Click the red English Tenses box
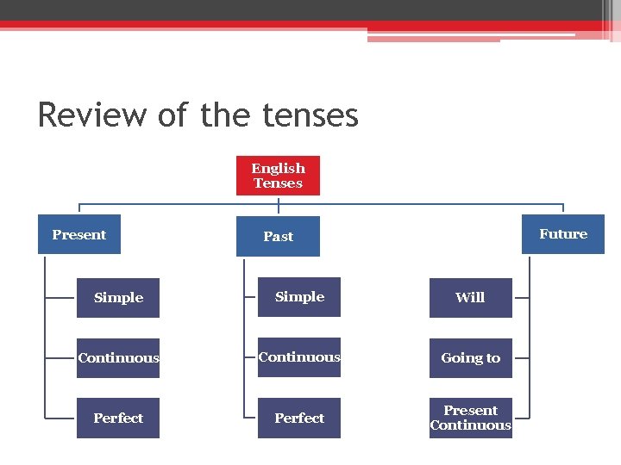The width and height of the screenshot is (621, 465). pos(278,176)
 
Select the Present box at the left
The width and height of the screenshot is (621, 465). pos(79,234)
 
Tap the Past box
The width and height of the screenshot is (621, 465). pos(278,236)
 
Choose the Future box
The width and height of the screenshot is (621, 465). pos(563,234)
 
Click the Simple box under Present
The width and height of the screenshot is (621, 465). pos(118,298)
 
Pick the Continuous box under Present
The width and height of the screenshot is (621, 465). pos(118,358)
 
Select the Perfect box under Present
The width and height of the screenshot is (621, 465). pos(118,418)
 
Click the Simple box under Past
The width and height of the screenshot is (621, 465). pos(299,297)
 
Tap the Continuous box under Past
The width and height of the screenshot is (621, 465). pos(299,357)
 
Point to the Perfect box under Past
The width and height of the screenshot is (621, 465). pos(299,418)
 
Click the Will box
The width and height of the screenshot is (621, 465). pos(470,298)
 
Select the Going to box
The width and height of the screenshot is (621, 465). pos(470,358)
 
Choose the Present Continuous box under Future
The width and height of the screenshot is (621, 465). pos(470,418)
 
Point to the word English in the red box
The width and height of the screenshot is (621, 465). pos(278,169)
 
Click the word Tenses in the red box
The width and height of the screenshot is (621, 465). pos(278,183)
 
